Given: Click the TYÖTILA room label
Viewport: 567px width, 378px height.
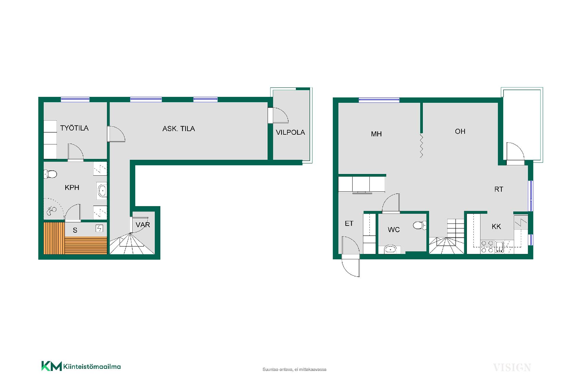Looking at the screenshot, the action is point(74,128).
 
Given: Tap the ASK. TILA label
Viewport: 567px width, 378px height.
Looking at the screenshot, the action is point(179,128).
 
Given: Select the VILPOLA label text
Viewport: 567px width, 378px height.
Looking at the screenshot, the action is point(290,132).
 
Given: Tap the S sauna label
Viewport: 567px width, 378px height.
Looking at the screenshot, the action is point(75,230).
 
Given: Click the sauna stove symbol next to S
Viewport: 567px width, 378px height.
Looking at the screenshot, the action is point(99,228).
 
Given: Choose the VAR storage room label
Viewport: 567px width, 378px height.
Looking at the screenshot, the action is point(143,225).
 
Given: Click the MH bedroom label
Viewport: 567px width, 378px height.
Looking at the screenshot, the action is point(376,134).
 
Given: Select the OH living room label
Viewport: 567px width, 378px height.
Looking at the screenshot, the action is point(460,131).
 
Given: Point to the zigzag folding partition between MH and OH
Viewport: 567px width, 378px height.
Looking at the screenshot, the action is point(421,145).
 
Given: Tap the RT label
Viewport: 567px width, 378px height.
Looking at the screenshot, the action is point(499,189).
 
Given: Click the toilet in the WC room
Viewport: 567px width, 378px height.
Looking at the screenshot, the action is point(420,226).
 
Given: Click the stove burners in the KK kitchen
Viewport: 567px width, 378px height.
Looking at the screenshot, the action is point(487,247).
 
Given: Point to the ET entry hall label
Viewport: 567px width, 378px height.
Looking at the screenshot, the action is point(349,224).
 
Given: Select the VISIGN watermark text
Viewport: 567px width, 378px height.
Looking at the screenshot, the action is point(512,368).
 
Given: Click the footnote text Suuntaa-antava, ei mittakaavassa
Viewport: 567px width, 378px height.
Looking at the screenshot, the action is point(294,369).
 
